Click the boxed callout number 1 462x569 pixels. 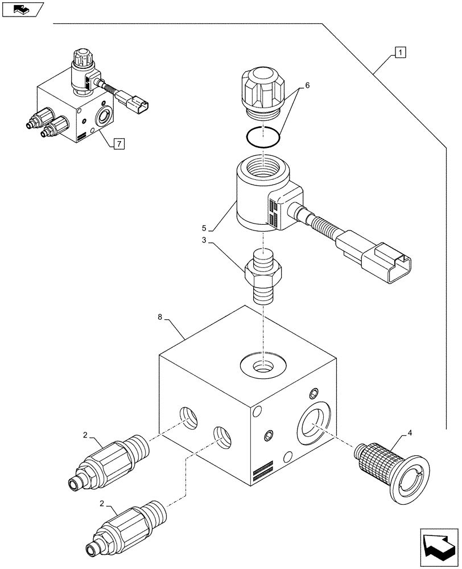[401, 53]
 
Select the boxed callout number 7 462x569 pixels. [118, 144]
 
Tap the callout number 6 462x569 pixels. [307, 85]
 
